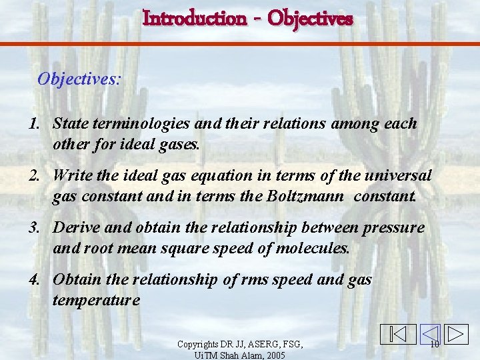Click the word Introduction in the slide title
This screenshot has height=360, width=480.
[x=194, y=18]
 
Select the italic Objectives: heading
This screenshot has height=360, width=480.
[x=79, y=79]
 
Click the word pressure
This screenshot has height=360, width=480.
[x=393, y=227]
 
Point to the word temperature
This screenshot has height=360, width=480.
[x=96, y=301]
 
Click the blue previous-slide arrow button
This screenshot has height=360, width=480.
[x=430, y=334]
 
